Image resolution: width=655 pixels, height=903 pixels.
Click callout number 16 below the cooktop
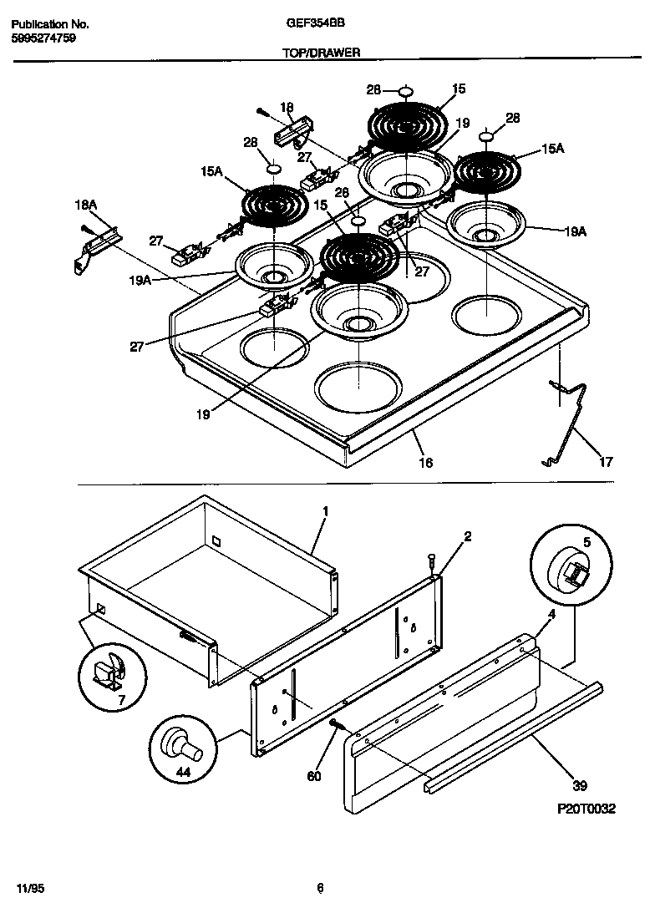click(425, 462)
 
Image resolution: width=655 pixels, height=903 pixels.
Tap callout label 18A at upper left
click(86, 204)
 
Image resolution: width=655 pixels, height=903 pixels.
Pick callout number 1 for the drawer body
click(326, 510)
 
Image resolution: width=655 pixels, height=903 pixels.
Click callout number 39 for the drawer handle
click(580, 785)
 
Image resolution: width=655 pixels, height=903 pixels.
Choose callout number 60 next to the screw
click(314, 776)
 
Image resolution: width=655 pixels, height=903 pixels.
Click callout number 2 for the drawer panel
click(467, 536)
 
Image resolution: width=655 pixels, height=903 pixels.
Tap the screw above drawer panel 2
click(430, 559)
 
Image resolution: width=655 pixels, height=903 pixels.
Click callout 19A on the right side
click(575, 232)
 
